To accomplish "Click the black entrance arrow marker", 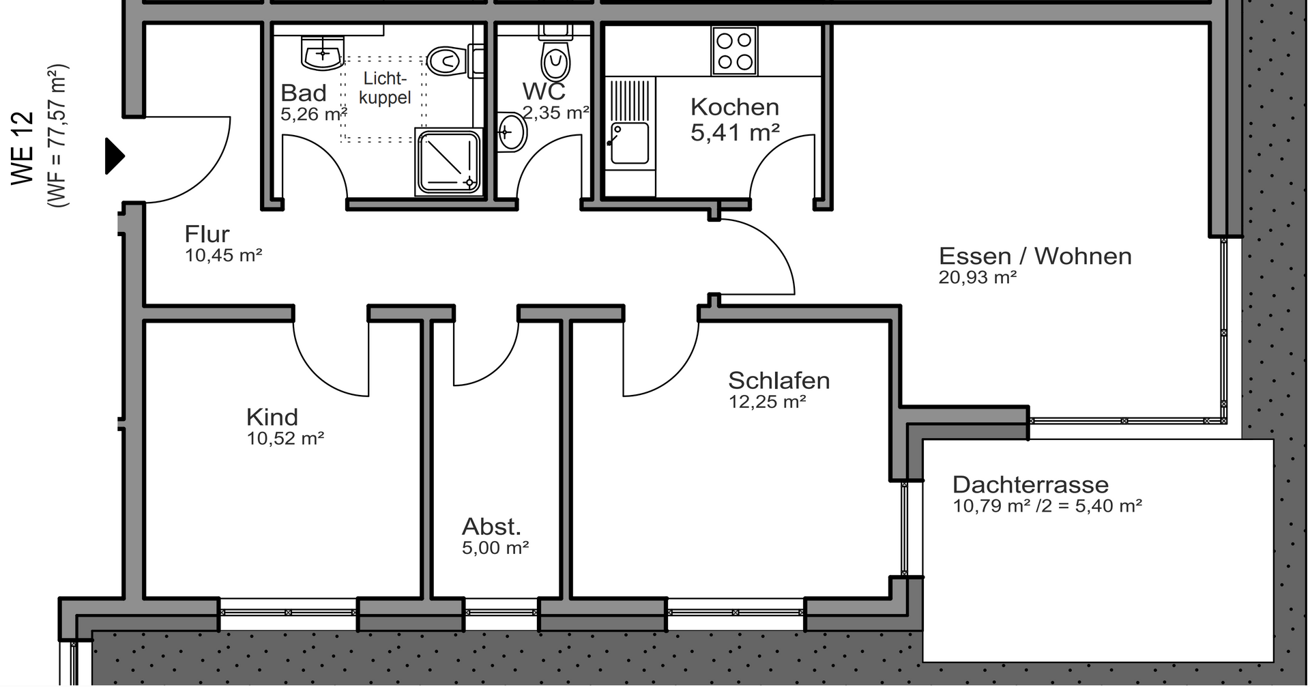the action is coord(115,156).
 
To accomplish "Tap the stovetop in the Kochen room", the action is coord(734,51).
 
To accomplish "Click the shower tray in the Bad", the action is coord(448,162).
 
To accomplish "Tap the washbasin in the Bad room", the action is coord(321,53).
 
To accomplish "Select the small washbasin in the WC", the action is coord(512,132).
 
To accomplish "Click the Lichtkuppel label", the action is coord(385,88).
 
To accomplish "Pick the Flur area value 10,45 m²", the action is coord(224,256).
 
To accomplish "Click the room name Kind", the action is coord(272,417).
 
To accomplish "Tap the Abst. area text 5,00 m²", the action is coord(495,548).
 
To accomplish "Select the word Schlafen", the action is coord(779,380).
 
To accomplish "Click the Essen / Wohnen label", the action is coord(1035,256).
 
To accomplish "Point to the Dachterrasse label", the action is coord(1030,484).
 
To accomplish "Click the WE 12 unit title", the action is coord(23,147).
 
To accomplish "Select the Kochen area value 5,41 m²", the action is coord(735,132).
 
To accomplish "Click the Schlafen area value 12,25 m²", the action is coord(768,402).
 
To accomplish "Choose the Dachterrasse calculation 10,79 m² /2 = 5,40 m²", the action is coord(1047,506).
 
